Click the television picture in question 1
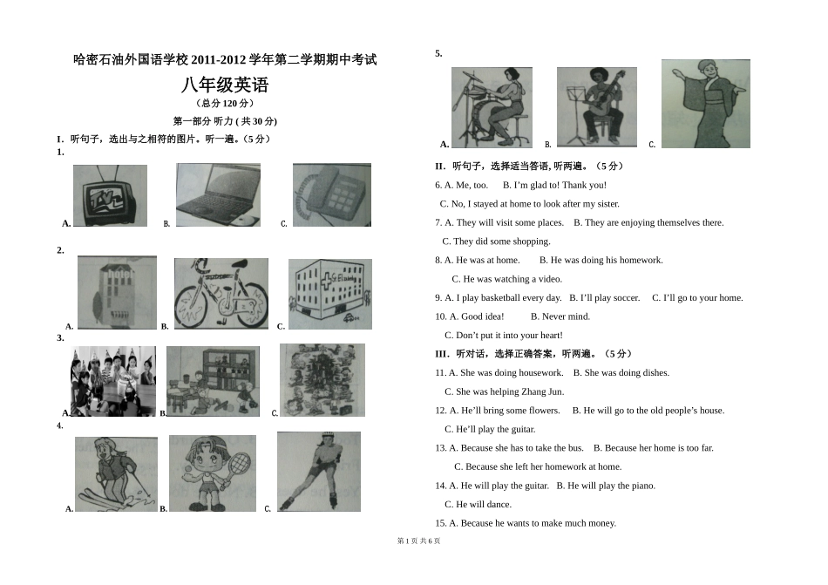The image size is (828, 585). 110,195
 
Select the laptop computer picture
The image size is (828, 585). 218,195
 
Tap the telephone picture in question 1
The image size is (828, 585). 331,195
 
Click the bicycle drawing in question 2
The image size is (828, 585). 221,294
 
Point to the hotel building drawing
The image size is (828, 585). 117,292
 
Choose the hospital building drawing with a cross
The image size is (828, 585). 329,294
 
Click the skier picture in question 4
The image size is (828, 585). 116,473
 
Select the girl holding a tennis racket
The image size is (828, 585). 212,473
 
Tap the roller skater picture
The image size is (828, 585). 318,471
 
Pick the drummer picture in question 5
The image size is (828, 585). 492,107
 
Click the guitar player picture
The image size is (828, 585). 597,107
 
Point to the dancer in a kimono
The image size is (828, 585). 705,104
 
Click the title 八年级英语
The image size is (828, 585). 225,85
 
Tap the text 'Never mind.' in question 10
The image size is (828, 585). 560,316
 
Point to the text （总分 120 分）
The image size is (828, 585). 225,104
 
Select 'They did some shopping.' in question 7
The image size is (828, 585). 496,241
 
